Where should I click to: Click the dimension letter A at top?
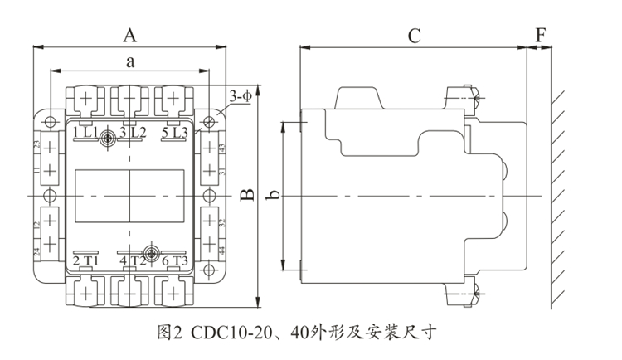(129, 35)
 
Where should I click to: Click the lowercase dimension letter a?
(130, 61)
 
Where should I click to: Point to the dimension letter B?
(246, 196)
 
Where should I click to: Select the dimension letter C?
(414, 36)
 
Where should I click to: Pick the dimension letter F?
(541, 36)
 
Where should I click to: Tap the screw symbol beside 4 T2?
(151, 254)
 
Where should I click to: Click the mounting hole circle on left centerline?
(50, 196)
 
